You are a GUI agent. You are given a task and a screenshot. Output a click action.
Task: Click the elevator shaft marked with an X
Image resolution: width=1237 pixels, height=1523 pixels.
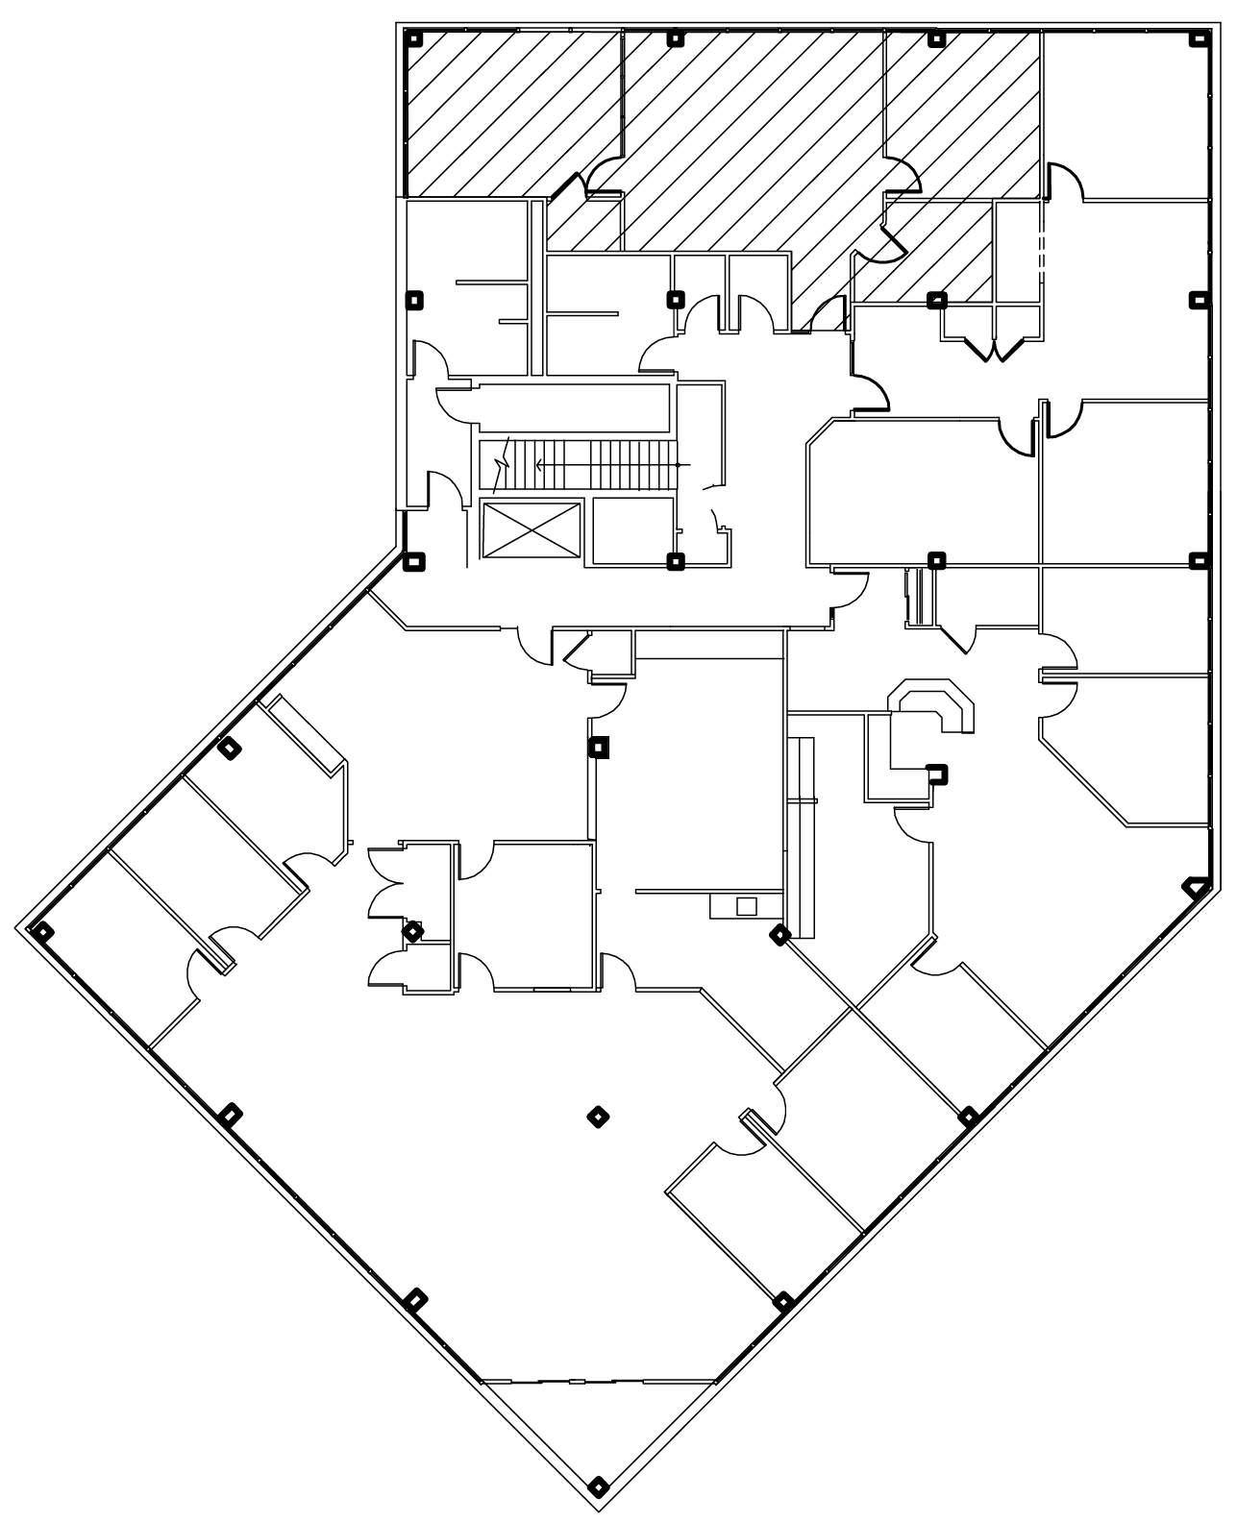coord(530,529)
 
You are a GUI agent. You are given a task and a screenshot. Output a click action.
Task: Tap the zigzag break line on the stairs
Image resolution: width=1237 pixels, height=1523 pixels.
coord(501,466)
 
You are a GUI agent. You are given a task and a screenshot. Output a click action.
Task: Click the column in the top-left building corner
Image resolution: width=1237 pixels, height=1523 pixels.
coord(414,39)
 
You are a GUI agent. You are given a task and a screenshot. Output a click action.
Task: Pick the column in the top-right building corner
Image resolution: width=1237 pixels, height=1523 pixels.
coord(1199,39)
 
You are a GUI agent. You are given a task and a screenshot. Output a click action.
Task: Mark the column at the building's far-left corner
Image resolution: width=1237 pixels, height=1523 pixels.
coord(42,930)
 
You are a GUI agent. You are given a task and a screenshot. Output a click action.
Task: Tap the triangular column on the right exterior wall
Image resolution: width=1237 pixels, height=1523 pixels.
coord(1195,887)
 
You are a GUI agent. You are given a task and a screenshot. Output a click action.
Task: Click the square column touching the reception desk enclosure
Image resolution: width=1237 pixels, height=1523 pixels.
coord(935,773)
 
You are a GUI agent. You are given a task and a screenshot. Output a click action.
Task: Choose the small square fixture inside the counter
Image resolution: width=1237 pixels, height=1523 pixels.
coord(746,905)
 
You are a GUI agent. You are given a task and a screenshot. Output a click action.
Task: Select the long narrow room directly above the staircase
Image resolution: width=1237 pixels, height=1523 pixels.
coord(573,408)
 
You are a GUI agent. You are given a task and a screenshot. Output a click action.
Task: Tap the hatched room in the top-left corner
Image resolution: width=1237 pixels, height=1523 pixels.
coord(509,113)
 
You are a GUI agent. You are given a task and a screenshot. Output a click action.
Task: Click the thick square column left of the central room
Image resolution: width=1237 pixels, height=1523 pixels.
coord(600,747)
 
